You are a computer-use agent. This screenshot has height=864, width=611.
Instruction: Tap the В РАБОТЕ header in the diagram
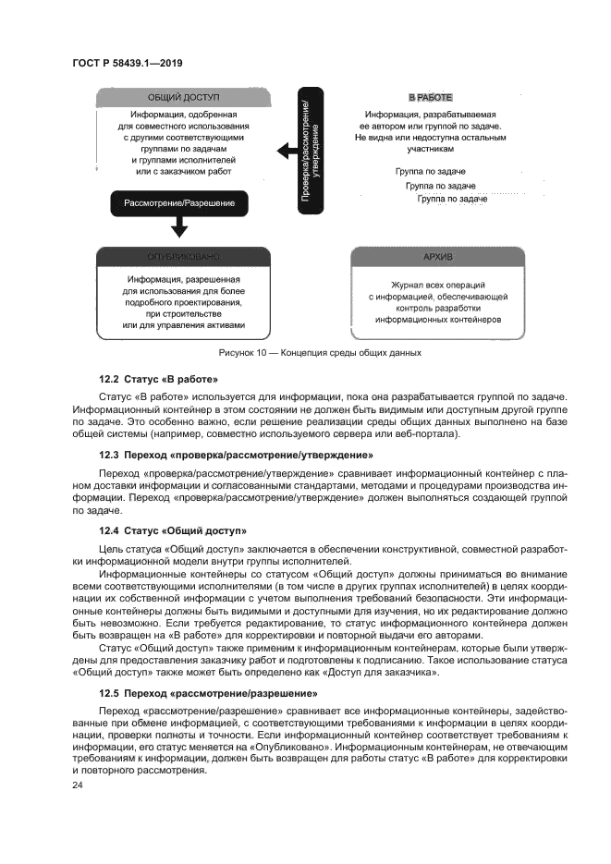430,96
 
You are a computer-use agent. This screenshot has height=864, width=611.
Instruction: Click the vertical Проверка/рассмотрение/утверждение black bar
312,150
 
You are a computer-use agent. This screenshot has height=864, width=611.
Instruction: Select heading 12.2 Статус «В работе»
158,380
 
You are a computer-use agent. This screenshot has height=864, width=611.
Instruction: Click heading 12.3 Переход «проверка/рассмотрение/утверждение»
236,455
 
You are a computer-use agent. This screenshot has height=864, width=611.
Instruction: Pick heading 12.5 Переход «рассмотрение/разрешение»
207,692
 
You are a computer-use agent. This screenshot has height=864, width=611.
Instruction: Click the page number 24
77,785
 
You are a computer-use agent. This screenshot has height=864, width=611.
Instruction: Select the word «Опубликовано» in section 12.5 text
293,745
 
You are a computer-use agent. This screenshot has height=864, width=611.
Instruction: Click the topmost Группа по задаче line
430,172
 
